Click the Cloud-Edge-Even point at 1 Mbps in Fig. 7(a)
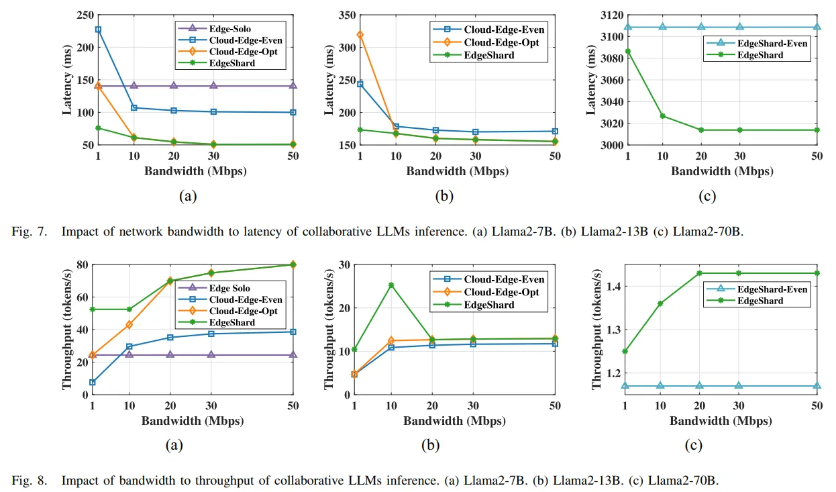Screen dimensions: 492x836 [x=98, y=30]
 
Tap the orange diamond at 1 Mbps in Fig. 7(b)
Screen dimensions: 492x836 [x=360, y=34]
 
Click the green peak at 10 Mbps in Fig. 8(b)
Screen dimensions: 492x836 [x=391, y=285]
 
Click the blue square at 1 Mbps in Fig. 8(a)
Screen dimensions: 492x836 [x=92, y=383]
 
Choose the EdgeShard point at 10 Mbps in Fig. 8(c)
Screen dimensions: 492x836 [x=661, y=303]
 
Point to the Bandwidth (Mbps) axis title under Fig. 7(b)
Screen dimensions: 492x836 [x=457, y=171]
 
